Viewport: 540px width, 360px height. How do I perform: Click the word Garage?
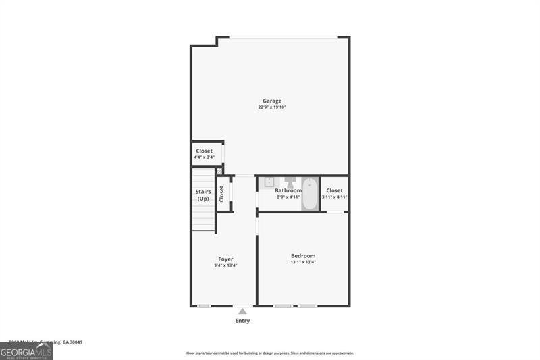(x=272, y=101)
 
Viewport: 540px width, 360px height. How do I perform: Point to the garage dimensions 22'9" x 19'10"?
(x=272, y=107)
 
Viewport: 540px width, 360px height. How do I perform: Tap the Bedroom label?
(x=303, y=256)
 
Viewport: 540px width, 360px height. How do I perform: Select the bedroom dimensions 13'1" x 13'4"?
(x=303, y=262)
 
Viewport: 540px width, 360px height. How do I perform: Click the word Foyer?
(x=225, y=259)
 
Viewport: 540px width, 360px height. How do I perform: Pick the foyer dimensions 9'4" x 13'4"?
(x=225, y=265)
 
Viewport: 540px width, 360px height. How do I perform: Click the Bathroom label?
(x=288, y=191)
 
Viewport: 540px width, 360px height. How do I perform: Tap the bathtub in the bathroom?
(x=310, y=194)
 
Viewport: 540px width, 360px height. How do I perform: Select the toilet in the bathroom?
(x=290, y=182)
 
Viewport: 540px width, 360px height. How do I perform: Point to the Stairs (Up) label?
(x=203, y=195)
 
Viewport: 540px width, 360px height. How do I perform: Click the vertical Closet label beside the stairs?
(x=221, y=194)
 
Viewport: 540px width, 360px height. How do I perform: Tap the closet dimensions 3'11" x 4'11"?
(x=334, y=197)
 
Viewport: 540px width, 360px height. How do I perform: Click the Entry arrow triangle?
(x=242, y=311)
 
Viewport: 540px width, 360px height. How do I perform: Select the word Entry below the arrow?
(x=242, y=321)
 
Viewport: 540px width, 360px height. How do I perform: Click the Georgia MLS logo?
(x=26, y=351)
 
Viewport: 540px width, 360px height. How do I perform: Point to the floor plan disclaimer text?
(x=270, y=353)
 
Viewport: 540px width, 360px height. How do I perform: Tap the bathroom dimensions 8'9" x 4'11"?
(x=288, y=197)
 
